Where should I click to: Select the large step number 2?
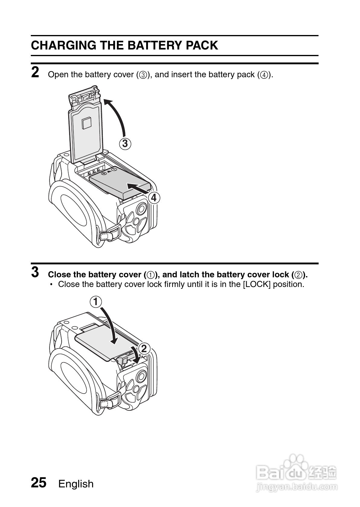[x=35, y=73]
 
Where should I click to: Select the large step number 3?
[x=35, y=272]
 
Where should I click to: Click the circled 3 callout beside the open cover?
[x=125, y=143]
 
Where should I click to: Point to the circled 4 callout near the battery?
[x=154, y=198]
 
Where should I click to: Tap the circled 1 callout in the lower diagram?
[x=96, y=302]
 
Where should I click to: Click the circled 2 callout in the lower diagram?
[x=144, y=349]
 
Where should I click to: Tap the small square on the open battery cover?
[x=86, y=123]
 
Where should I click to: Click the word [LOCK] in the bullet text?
[x=256, y=284]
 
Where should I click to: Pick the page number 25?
[x=39, y=483]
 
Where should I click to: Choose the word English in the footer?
[x=76, y=484]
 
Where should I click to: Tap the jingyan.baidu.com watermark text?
[x=296, y=486]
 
